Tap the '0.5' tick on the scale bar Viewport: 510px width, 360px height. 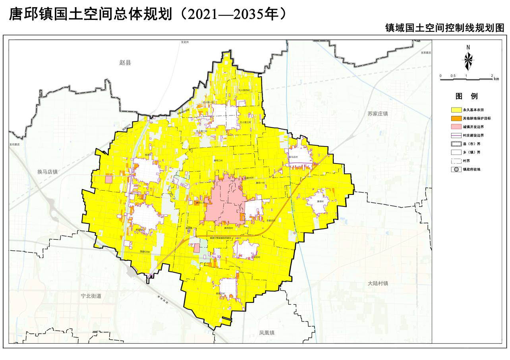pyautogui.click(x=453, y=76)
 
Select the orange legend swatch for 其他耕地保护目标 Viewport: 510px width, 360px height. pyautogui.click(x=456, y=118)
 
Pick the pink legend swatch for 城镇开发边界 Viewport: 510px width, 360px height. pyautogui.click(x=456, y=127)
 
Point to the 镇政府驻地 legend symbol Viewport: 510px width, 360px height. pyautogui.click(x=456, y=169)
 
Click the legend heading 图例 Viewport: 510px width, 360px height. pyautogui.click(x=466, y=96)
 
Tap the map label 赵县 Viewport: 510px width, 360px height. pyautogui.click(x=125, y=62)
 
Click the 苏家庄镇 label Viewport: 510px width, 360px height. pyautogui.click(x=377, y=114)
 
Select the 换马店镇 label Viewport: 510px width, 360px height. pyautogui.click(x=48, y=172)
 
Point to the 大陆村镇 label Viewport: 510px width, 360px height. pyautogui.click(x=378, y=283)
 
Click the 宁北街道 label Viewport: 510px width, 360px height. pyautogui.click(x=91, y=296)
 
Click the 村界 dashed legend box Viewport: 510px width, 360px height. pyautogui.click(x=456, y=161)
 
